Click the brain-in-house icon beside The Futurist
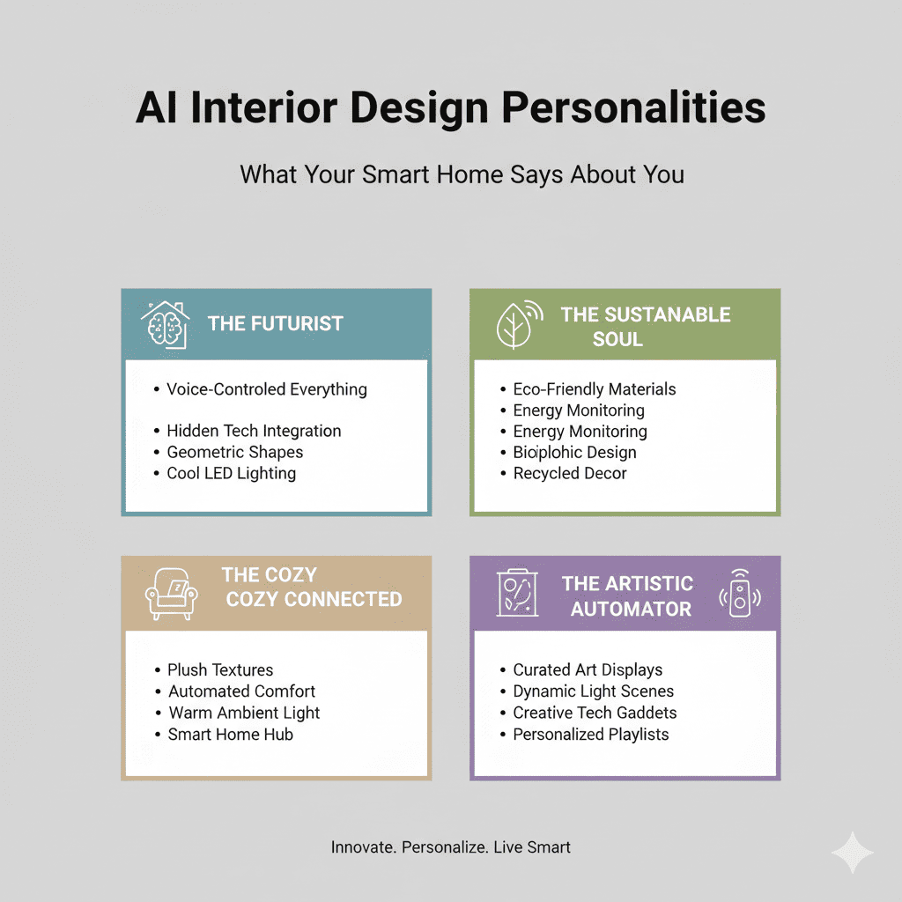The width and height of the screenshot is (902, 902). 165,324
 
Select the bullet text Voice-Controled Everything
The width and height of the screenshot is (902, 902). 266,388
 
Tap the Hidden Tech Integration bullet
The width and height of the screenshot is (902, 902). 254,431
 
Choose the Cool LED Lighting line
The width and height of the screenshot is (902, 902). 231,473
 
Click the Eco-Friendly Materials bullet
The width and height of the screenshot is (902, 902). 595,388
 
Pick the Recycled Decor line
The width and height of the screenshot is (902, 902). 570,473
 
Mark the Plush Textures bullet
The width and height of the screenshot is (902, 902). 220,669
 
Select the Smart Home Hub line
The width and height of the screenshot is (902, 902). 230,734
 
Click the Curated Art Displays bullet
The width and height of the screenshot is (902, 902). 588,669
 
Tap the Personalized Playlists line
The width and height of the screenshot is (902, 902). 590,734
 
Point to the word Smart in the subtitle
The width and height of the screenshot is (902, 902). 389,174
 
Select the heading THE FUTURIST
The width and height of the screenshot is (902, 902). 276,323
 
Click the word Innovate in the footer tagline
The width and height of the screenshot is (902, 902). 362,847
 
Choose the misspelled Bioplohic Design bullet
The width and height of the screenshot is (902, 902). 574,452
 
